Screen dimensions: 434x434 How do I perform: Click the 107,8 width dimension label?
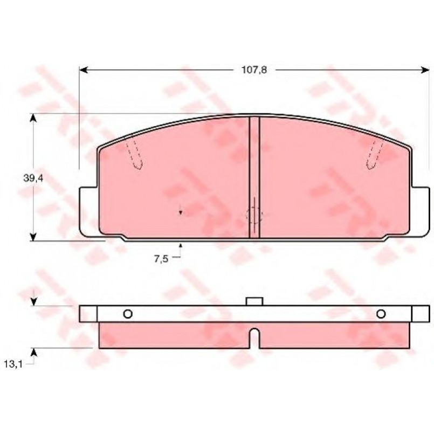pos(254,70)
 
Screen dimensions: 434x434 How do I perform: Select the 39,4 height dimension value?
pos(33,178)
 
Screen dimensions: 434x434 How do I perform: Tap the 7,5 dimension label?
pos(161,259)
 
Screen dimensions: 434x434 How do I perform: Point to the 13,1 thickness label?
pos(13,364)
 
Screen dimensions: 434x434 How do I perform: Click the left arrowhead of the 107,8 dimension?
pos(84,70)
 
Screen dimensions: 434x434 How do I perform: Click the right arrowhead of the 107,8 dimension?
pos(425,70)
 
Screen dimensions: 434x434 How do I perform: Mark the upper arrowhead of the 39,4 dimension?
pos(33,118)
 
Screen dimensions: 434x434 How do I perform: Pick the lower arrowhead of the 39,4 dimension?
pos(33,237)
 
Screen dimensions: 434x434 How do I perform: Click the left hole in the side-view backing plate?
pos(128,314)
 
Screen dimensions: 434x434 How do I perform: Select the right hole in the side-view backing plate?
pos(381,314)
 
